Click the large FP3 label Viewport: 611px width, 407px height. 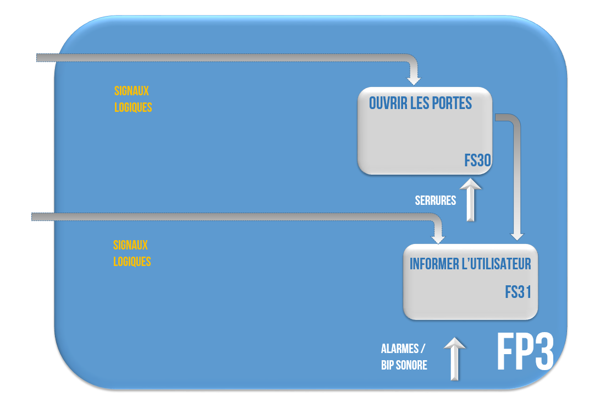525,352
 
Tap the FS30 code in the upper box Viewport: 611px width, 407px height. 477,160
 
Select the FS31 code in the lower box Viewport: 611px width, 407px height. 518,291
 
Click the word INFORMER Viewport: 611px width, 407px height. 434,264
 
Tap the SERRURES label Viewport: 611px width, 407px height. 435,200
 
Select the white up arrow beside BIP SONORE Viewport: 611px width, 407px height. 454,359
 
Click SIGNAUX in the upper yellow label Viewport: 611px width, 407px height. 131,91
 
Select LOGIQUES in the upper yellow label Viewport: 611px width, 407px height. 133,107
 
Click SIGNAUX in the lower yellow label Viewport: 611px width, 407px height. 130,245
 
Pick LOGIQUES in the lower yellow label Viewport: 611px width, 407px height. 132,261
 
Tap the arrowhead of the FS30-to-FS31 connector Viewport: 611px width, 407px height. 517,235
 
